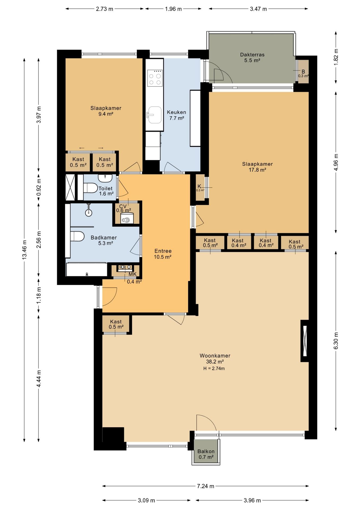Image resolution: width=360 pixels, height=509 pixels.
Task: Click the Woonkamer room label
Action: [215, 356]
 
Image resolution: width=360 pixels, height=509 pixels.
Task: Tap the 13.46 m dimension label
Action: [24, 249]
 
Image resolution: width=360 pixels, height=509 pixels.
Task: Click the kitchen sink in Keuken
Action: [154, 115]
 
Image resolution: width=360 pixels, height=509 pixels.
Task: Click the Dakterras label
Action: [252, 55]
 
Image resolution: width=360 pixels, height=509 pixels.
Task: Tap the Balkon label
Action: [206, 451]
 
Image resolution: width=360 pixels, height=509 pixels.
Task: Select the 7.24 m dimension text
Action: [205, 486]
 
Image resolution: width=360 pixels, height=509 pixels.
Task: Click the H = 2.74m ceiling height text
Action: [214, 368]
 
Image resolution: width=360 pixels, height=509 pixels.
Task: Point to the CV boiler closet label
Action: [123, 206]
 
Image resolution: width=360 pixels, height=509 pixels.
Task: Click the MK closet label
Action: [133, 274]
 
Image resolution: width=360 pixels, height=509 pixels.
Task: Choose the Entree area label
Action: [163, 251]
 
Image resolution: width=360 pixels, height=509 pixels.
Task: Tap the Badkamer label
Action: [104, 237]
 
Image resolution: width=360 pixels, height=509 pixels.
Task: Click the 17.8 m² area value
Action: [257, 170]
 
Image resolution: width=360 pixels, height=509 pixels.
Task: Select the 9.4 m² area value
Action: [106, 114]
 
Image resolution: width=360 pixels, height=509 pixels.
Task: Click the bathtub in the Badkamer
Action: [87, 269]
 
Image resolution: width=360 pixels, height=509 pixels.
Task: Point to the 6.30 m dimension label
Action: [336, 341]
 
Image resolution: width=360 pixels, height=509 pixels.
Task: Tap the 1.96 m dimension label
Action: [173, 9]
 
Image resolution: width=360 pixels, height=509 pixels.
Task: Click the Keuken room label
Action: [176, 112]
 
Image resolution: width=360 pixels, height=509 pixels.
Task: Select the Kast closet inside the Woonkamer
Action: [116, 324]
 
